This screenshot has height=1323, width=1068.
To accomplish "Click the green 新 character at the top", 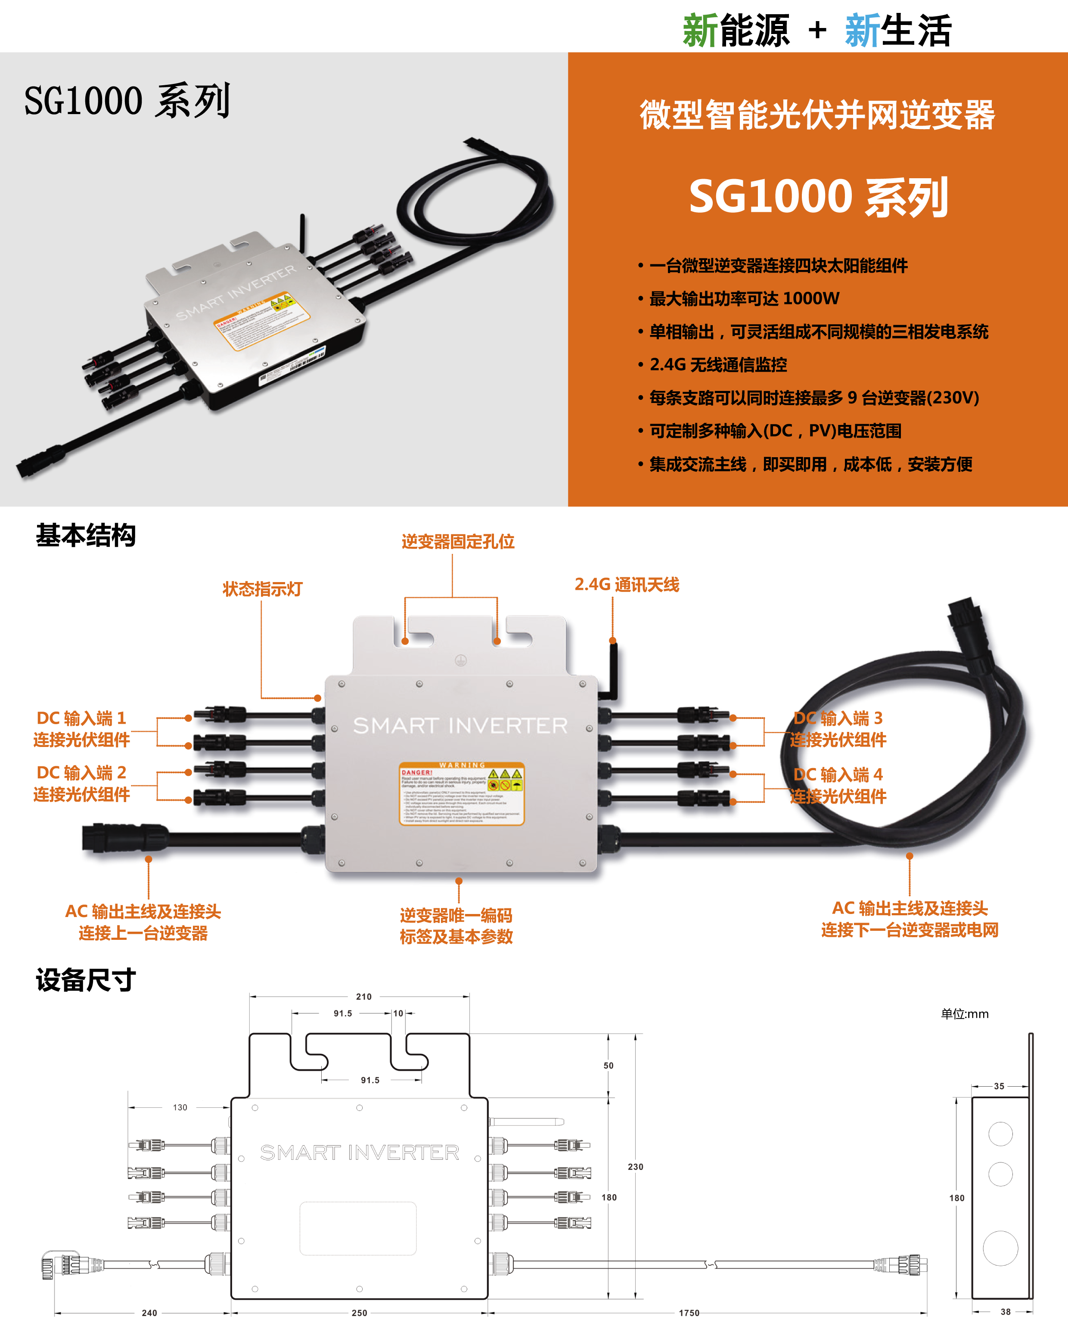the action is (x=700, y=31).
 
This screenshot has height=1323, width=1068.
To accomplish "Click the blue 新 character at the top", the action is (x=863, y=31).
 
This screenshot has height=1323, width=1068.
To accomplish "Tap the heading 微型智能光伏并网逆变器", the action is (x=817, y=115).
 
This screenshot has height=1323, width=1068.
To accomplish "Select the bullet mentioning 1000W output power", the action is (x=745, y=299).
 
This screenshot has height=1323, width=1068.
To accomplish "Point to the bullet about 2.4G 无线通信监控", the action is (x=718, y=365).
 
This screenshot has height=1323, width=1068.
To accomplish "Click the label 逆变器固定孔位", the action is (x=458, y=542).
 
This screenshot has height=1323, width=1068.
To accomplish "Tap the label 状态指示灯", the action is (x=263, y=589).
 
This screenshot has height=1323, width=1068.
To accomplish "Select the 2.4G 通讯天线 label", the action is (x=627, y=585).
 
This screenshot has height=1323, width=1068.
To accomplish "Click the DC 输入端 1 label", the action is (x=81, y=719).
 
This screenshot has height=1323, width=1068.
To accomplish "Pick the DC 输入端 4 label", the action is (x=838, y=775).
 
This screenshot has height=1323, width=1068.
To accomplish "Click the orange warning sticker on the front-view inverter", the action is (x=461, y=793).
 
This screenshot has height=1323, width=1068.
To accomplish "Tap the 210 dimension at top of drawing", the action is (x=363, y=996).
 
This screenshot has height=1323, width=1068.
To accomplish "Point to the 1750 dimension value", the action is (x=689, y=1313).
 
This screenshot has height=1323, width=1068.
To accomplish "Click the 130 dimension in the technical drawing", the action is (x=180, y=1107).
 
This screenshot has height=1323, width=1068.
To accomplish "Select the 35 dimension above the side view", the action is (x=999, y=1086).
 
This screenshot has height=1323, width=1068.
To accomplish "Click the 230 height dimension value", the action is (x=636, y=1167).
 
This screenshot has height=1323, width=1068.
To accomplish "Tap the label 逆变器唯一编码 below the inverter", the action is (x=456, y=916).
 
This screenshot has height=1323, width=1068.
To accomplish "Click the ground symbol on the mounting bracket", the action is (x=461, y=660).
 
